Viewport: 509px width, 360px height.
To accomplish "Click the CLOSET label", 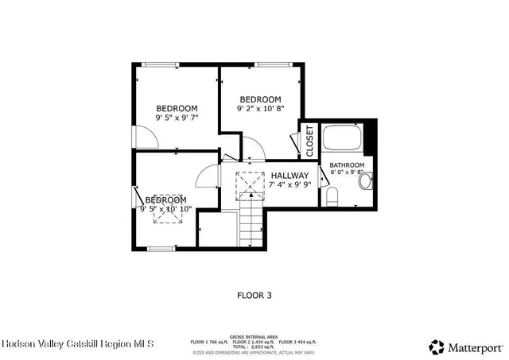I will (x=309, y=140).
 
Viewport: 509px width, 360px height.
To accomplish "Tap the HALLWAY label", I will (x=289, y=176).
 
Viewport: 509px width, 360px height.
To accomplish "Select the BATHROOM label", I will (x=347, y=165).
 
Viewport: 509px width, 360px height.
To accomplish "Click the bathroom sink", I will (x=365, y=182).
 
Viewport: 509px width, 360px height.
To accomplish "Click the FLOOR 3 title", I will (x=254, y=295).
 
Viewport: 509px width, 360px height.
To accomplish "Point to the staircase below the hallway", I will (x=250, y=218).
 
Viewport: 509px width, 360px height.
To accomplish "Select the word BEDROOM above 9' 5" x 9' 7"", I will (x=177, y=108).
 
